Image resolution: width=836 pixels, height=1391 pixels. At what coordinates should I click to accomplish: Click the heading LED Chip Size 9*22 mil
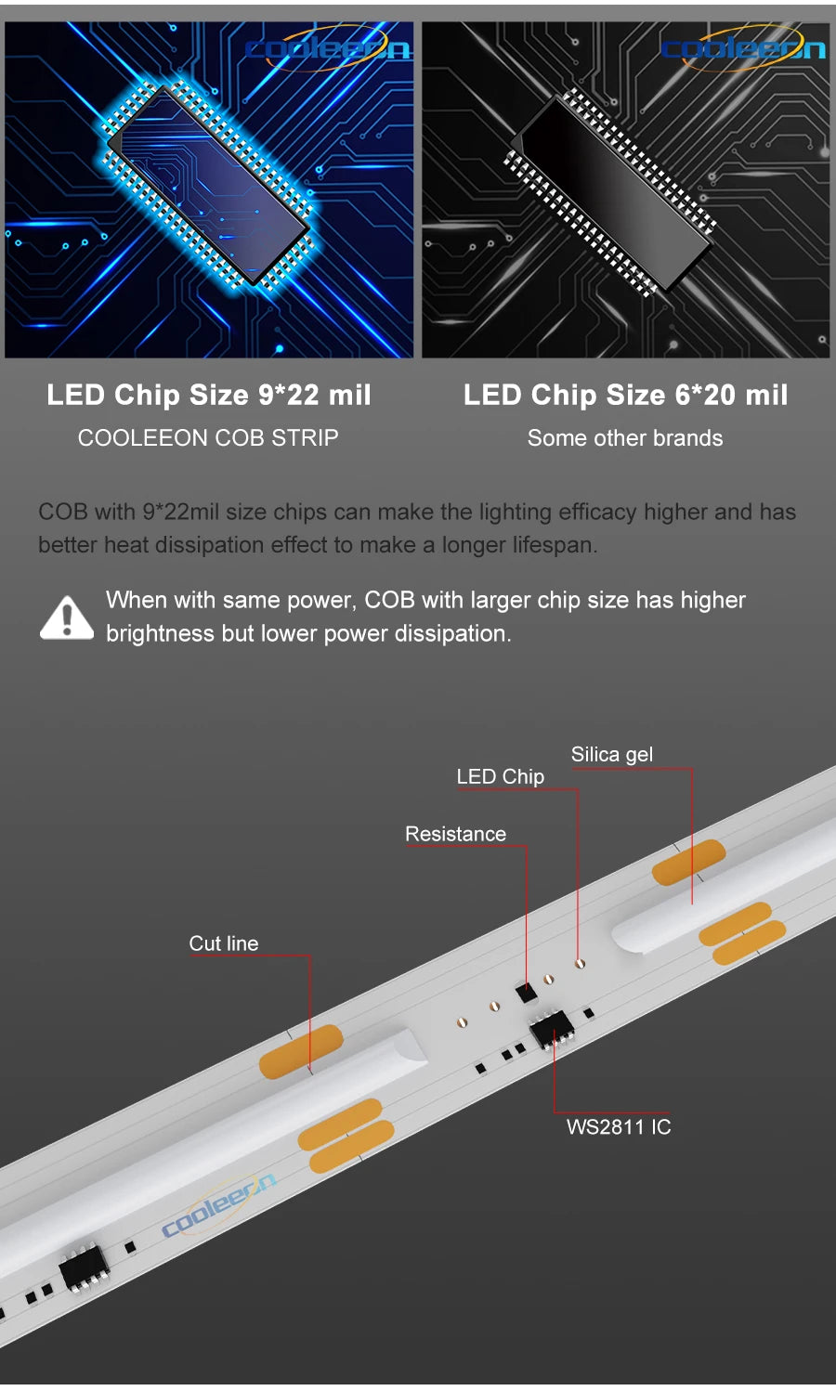coord(209,395)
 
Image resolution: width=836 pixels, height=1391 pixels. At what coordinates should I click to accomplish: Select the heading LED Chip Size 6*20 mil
coord(625,395)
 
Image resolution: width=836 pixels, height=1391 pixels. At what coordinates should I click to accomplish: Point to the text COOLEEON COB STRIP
coord(208,437)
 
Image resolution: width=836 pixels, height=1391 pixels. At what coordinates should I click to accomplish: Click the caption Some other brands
coord(625,438)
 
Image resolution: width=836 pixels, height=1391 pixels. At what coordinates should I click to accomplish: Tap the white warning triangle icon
coord(66,617)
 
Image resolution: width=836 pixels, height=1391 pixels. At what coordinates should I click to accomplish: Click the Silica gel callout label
coord(611,754)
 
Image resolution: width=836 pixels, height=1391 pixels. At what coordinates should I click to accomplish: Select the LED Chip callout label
coord(500,776)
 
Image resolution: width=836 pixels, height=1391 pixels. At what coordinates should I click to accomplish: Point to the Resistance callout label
coord(455,834)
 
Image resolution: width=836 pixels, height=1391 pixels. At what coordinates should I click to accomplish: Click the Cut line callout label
coord(224,943)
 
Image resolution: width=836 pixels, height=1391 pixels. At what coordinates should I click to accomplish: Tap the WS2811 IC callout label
coord(619,1127)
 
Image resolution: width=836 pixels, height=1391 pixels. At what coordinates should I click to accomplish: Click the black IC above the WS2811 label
coord(551,1027)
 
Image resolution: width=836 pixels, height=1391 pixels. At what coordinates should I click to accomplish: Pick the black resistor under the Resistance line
coord(526,992)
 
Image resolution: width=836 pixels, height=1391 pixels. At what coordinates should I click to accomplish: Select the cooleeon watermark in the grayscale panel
coord(743,47)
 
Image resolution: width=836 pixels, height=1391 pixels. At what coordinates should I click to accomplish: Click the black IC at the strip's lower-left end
coord(84,1265)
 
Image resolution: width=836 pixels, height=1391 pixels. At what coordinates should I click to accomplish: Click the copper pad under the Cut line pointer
coord(301,1052)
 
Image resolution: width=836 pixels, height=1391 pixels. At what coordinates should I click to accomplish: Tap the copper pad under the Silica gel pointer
coord(688,863)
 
